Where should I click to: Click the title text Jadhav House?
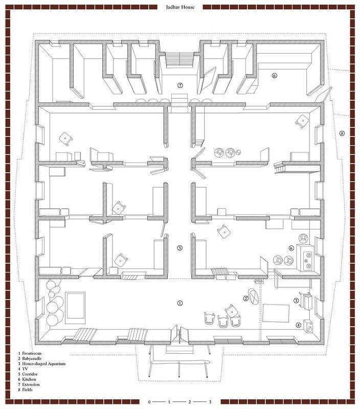click(x=180, y=7)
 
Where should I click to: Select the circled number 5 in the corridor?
click(x=179, y=248)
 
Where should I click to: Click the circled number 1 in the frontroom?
click(x=179, y=303)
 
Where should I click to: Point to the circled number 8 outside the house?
click(x=342, y=133)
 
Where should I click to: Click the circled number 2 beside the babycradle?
click(x=245, y=299)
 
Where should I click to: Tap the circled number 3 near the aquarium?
click(x=296, y=301)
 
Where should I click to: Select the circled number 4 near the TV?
click(x=299, y=325)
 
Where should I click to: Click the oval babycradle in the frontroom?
click(x=254, y=297)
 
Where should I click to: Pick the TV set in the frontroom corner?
click(x=308, y=326)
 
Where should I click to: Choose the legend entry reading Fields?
click(x=27, y=390)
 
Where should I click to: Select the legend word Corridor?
click(x=30, y=374)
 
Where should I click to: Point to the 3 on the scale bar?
click(x=210, y=402)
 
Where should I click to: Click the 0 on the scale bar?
click(x=149, y=402)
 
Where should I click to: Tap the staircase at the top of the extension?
click(x=179, y=59)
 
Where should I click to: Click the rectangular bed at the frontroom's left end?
click(x=75, y=308)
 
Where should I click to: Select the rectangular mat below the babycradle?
click(x=276, y=313)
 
